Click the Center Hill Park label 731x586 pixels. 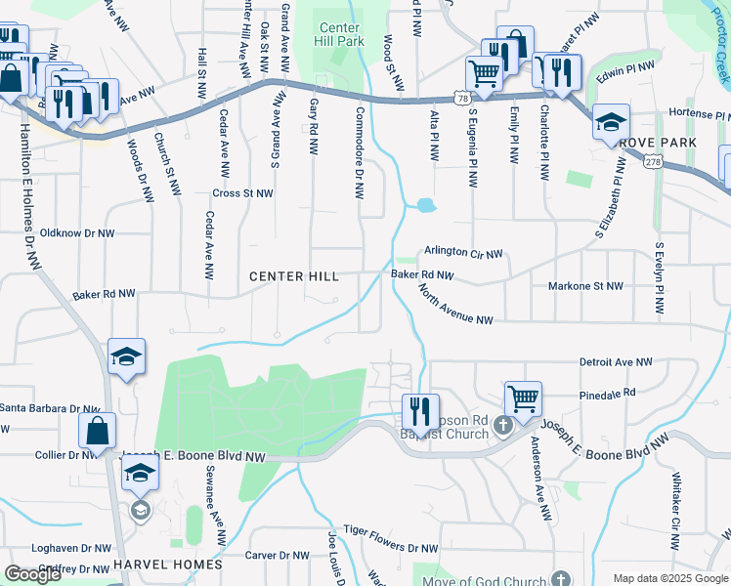(339, 34)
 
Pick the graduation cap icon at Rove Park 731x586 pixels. (611, 121)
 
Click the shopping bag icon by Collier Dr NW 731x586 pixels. (97, 430)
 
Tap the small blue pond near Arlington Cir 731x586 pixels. (424, 206)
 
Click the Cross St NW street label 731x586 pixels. (242, 193)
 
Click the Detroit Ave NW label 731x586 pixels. (615, 361)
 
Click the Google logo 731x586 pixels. (33, 574)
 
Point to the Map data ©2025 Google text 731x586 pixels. (669, 578)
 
